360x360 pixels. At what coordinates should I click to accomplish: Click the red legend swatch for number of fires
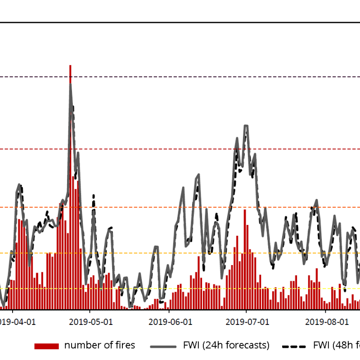[46, 346]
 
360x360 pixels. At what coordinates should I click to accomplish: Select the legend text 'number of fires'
[99, 346]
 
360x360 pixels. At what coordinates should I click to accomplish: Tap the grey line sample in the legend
[164, 346]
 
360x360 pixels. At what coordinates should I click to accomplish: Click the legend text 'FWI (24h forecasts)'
[226, 346]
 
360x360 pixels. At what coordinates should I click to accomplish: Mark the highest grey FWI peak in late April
[70, 84]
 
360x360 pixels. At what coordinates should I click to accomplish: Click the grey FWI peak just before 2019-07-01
[246, 126]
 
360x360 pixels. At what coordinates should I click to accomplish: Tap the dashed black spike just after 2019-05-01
[94, 196]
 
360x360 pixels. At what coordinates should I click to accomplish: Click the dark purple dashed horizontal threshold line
[180, 76]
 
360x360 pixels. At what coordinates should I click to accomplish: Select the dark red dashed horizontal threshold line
[180, 149]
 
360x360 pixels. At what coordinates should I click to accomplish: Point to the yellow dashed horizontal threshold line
[180, 288]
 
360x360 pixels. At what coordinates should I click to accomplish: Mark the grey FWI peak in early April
[19, 184]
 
